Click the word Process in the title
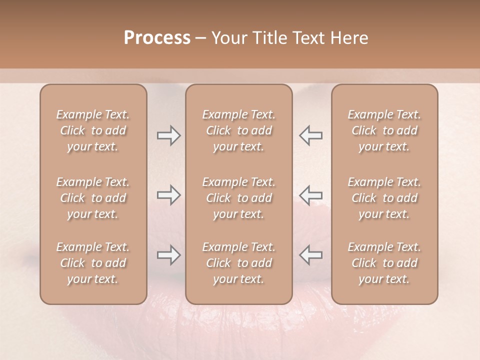tap(157, 38)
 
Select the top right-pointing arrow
tap(168, 135)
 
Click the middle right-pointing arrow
tap(168, 195)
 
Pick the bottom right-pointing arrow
tap(168, 255)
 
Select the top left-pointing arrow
tap(311, 135)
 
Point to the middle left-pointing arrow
tap(311, 195)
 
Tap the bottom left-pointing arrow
tap(311, 255)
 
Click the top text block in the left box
tap(93, 130)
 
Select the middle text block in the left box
tap(93, 198)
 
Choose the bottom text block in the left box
tap(93, 263)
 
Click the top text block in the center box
tap(239, 130)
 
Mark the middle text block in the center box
tap(239, 198)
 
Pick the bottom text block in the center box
tap(239, 263)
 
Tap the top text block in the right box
tap(384, 130)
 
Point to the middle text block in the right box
tap(384, 198)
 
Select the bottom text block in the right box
tap(384, 263)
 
